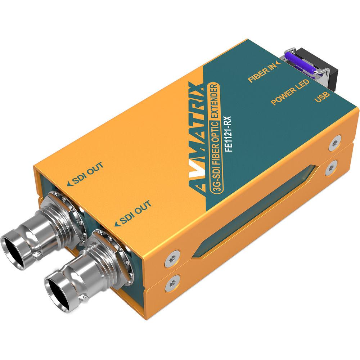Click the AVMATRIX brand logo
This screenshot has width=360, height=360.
[198, 137]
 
